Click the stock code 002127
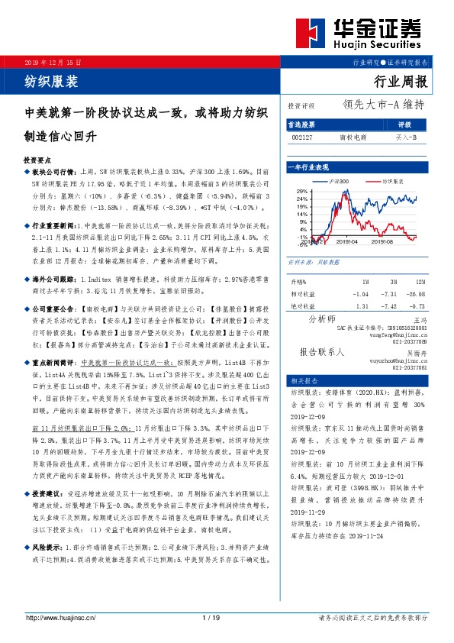click(301, 138)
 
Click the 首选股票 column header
click(301, 124)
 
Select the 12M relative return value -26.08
click(414, 294)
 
